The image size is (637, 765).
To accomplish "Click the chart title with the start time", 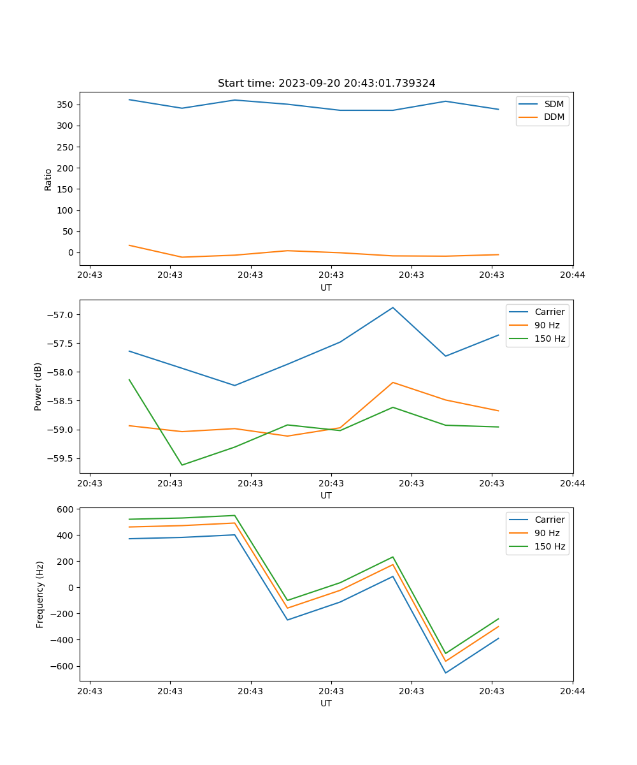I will click(326, 83).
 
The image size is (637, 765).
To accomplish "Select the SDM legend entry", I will click(554, 104).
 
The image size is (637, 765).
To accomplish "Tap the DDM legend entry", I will click(554, 117).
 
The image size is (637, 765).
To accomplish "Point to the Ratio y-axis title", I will click(48, 180).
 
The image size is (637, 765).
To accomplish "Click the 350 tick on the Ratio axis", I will click(66, 105).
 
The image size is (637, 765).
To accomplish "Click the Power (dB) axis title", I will click(38, 386).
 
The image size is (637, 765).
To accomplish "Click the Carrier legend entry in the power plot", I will click(549, 312).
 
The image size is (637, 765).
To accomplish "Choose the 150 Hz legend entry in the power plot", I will click(549, 339).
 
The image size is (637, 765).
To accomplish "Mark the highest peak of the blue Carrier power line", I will click(393, 307).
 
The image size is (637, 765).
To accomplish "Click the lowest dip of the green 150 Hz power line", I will click(182, 465).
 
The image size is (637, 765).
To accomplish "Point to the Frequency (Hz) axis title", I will click(40, 594).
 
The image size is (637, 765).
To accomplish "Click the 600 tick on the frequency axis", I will click(66, 509).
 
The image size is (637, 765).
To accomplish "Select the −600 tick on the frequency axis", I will click(64, 666).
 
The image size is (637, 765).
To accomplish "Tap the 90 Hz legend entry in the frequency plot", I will click(547, 533).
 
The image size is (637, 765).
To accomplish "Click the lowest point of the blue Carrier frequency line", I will click(445, 673).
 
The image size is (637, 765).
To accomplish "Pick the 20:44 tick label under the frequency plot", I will click(572, 690).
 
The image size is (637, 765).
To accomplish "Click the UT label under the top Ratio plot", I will click(326, 288).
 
